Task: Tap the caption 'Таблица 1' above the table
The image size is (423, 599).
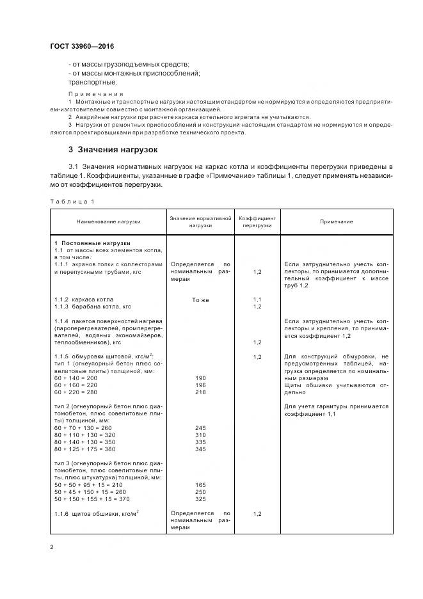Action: tap(72, 202)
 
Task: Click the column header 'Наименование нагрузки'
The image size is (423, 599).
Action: tap(108, 221)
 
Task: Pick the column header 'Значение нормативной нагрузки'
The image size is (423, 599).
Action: tap(200, 221)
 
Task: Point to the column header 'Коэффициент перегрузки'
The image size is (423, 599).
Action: tap(257, 221)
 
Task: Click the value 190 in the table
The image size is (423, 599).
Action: tap(200, 379)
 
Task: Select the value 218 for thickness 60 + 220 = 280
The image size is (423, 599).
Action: tap(200, 392)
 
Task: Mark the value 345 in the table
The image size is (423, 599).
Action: tap(200, 449)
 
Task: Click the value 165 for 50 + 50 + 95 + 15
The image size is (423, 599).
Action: tap(200, 485)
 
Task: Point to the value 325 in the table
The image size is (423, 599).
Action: tap(200, 499)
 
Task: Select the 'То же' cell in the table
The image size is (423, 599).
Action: tap(200, 299)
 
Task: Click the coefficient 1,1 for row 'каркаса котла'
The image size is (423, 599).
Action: tap(257, 299)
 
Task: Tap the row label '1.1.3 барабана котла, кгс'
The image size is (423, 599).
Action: tap(92, 307)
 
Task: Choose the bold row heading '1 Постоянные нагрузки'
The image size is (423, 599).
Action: tap(92, 243)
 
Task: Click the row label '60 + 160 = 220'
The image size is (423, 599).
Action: tap(76, 386)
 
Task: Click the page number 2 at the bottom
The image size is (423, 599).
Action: tap(51, 547)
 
